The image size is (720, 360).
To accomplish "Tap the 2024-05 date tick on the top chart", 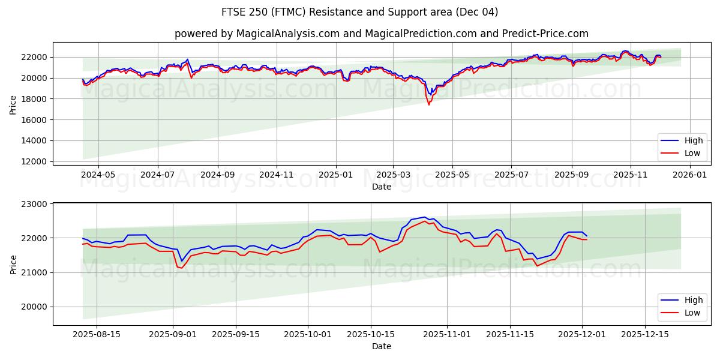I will (x=98, y=174).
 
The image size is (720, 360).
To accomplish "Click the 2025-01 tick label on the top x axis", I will (x=335, y=174).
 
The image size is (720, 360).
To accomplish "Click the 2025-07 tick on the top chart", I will (x=511, y=174).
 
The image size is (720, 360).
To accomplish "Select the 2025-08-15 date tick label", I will (x=97, y=334).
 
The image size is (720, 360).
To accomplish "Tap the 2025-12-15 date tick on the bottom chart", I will (x=644, y=334).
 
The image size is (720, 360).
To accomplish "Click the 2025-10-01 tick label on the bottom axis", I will (x=308, y=334).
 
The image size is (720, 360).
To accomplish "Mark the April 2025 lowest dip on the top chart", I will (x=428, y=104).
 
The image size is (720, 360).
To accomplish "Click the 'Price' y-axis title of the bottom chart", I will (x=13, y=264).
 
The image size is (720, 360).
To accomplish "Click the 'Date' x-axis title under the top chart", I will (x=382, y=187).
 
